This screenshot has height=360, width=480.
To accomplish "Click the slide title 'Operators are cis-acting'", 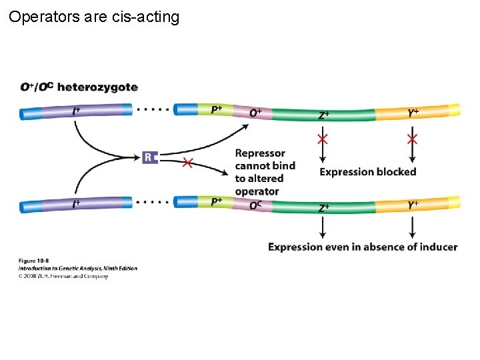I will coord(94,17).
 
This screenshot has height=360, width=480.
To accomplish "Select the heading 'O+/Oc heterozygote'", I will coord(79,87).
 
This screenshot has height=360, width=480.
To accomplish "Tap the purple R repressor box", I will coord(149,157).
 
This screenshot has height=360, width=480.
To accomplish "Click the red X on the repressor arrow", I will coord(188,163).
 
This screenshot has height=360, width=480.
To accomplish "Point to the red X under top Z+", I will coord(323,139).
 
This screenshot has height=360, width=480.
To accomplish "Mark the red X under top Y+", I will coord(412,139).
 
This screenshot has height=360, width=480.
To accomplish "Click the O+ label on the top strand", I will coord(255,113).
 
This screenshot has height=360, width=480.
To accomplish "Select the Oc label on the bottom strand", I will coord(255,206).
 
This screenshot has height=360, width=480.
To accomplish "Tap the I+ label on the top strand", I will coord(77,112).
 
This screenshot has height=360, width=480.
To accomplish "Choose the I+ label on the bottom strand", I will coord(77,205).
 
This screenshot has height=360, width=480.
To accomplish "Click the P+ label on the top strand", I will coord(217,109).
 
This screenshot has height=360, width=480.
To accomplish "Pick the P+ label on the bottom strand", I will coord(217,201).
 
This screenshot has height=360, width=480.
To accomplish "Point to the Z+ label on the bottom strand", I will coord(323,208).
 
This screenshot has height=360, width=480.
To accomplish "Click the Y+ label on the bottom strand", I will coord(413,206).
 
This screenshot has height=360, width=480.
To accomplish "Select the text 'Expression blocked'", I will coord(367,172).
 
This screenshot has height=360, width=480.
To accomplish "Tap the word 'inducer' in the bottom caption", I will coord(437,247).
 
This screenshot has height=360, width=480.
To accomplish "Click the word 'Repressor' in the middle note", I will coord(260,153).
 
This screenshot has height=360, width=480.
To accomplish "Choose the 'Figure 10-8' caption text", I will coord(34,261).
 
